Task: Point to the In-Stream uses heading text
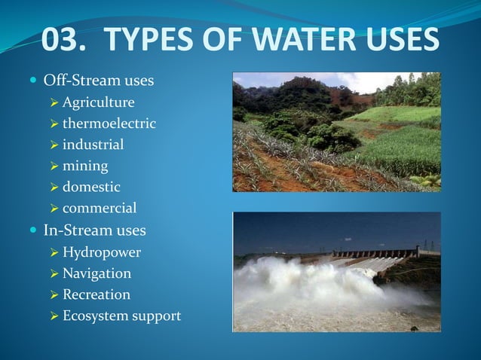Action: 95,230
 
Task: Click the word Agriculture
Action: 98,102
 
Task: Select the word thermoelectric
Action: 109,123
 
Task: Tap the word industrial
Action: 93,144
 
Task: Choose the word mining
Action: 84,165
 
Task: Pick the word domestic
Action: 90,186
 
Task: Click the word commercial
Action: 99,208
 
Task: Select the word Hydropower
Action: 101,252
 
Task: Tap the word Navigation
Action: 97,273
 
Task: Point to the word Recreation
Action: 96,294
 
